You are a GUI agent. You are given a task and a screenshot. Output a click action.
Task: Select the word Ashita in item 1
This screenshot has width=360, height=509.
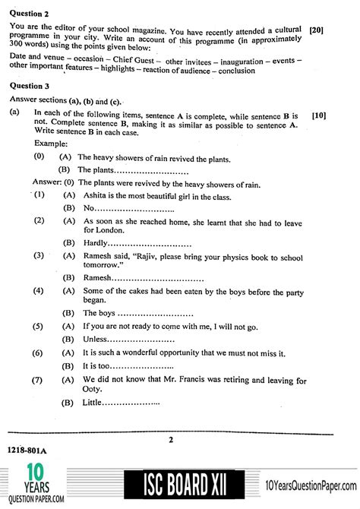[x=96, y=195]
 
